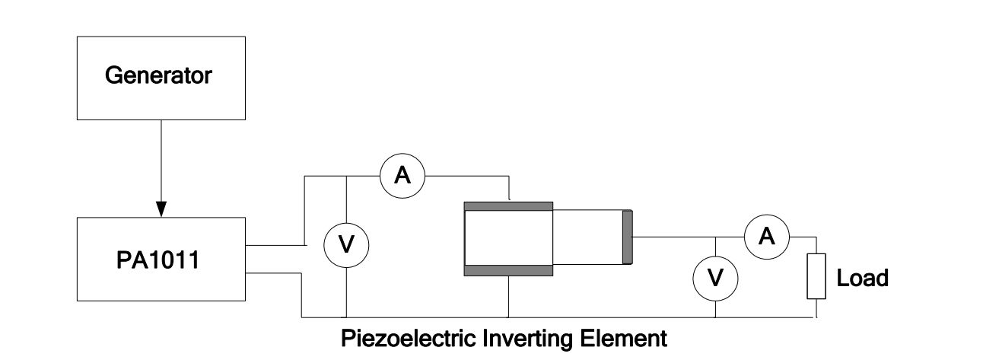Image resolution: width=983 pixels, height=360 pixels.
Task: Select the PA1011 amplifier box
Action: [x=161, y=259]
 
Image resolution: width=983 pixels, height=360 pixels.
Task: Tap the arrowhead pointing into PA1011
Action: [x=161, y=207]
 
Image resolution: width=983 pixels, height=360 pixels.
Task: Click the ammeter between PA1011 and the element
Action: [x=402, y=176]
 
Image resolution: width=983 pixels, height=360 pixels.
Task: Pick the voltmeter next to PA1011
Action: [x=347, y=244]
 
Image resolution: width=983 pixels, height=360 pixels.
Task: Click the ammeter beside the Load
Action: [x=767, y=237]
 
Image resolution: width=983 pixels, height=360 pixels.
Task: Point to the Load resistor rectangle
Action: [x=816, y=276]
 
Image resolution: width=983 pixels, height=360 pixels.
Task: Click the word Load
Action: [x=862, y=278]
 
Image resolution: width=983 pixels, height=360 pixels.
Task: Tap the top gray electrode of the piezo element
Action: [x=508, y=206]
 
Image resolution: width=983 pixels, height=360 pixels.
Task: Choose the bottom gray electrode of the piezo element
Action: [x=508, y=269]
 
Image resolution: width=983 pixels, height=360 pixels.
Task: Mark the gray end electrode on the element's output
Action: [x=628, y=237]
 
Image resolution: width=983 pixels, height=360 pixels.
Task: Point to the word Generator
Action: [x=158, y=76]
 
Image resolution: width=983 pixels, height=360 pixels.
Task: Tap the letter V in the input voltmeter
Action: [x=347, y=245]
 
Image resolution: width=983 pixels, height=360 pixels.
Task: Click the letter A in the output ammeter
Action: [x=767, y=237]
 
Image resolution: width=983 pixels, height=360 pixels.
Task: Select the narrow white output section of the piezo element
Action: [x=587, y=237]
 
